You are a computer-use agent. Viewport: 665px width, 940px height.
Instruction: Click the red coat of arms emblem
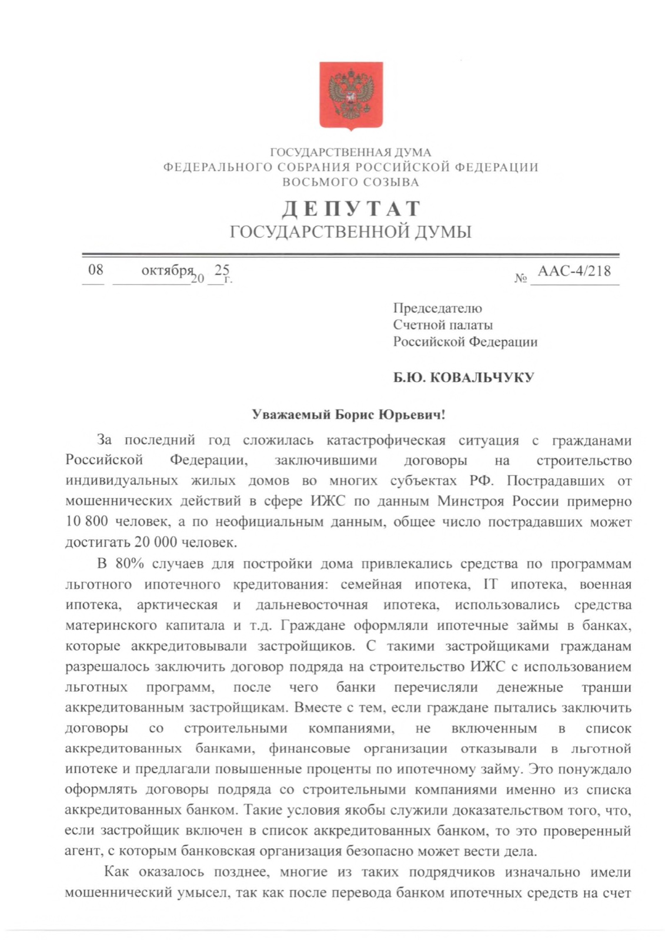[350, 95]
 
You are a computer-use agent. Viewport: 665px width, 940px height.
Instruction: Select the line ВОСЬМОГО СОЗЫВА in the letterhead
[350, 182]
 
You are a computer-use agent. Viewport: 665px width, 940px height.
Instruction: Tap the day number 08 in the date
[95, 270]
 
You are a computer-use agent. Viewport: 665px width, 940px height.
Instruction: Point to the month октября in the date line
[168, 271]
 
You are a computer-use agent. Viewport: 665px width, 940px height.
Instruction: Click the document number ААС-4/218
[574, 271]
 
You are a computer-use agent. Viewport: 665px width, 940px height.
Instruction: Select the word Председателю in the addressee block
[437, 308]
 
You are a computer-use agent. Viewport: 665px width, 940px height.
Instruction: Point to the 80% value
[129, 564]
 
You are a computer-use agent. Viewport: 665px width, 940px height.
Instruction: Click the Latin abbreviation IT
[490, 585]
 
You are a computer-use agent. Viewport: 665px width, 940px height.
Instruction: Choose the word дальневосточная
[312, 605]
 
